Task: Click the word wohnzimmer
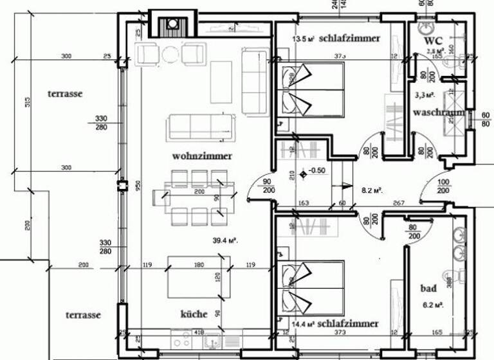(x=201, y=156)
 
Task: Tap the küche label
(x=194, y=314)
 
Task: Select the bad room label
(x=428, y=288)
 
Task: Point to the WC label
(x=432, y=40)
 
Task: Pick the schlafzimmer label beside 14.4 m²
(x=347, y=323)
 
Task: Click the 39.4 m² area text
(x=226, y=241)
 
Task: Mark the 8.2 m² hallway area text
(x=372, y=190)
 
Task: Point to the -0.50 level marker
(x=316, y=171)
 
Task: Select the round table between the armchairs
(x=170, y=54)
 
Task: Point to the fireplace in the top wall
(x=172, y=24)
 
